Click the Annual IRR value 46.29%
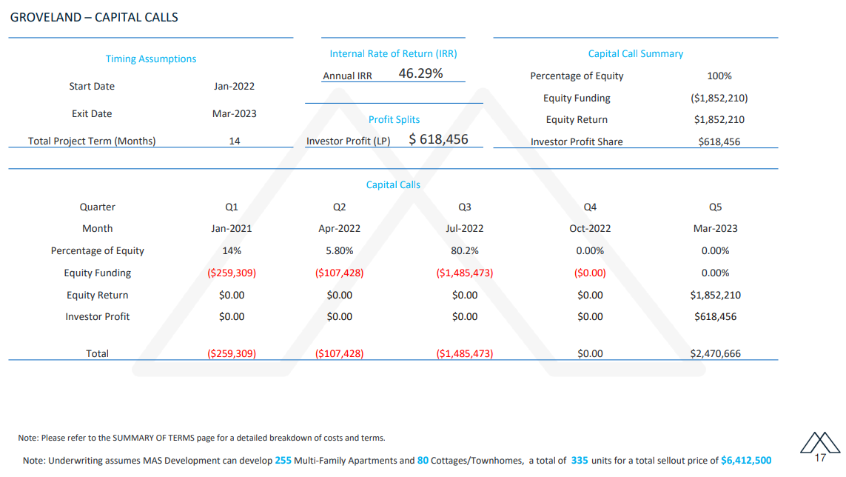coord(420,73)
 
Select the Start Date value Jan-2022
coord(234,87)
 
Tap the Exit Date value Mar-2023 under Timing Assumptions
coord(234,113)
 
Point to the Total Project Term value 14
coord(234,141)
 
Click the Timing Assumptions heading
coord(150,59)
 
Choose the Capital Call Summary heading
coord(636,53)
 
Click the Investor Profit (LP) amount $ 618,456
coord(438,139)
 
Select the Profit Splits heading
coord(394,119)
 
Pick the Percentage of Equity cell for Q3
coord(465,250)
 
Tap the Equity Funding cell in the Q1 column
coord(232,273)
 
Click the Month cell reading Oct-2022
coord(590,229)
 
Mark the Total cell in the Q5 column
coord(716,353)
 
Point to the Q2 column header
coord(340,207)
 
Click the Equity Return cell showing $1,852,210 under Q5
coord(716,295)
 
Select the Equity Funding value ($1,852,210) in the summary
coord(719,98)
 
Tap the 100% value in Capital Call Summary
coord(719,76)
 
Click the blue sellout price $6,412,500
coord(746,460)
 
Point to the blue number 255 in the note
coord(283,460)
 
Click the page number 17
coord(820,458)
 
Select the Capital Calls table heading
coord(393,184)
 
